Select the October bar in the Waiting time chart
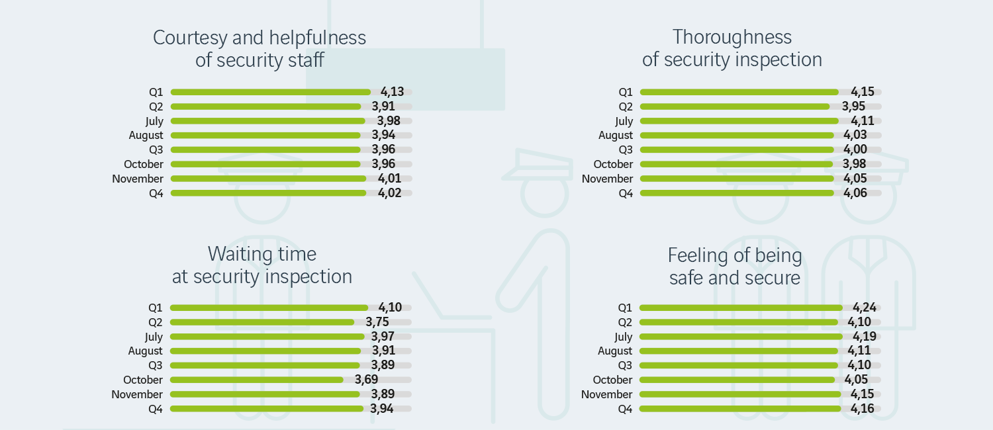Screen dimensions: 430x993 (257, 380)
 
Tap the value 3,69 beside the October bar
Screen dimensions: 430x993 (366, 380)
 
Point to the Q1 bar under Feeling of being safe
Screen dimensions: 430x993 (740, 308)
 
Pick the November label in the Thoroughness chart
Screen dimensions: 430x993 (607, 179)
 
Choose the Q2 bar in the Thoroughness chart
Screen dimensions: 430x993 (734, 107)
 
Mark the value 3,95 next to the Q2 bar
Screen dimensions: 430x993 (853, 107)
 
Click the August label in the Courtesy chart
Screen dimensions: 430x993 (146, 136)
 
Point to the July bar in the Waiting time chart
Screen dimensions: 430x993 (267, 337)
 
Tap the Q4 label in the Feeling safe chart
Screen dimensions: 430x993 (625, 409)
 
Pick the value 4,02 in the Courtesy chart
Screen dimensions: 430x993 (389, 193)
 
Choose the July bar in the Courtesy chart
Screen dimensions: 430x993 (267, 121)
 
